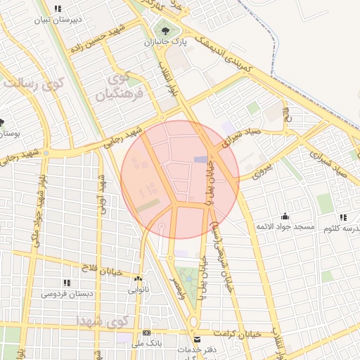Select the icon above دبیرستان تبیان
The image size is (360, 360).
[58, 9]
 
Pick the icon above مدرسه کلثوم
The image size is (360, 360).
[342, 217]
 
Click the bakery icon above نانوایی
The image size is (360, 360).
[138, 278]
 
